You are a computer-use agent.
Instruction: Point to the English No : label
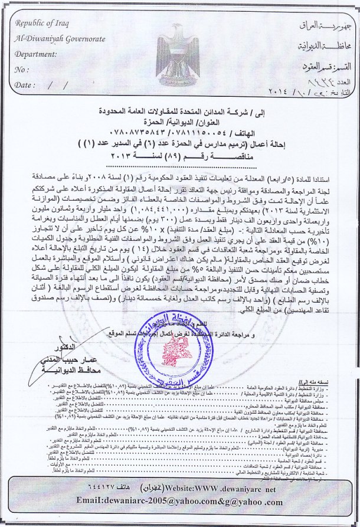click(22, 69)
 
